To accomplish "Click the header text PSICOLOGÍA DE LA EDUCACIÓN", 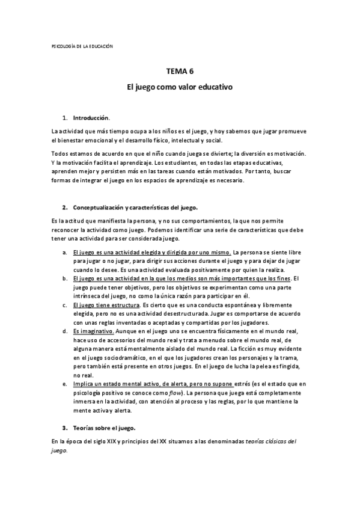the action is pyautogui.click(x=79, y=46).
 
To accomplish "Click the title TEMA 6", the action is pyautogui.click(x=180, y=72).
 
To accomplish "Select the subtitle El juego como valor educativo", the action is pyautogui.click(x=180, y=87).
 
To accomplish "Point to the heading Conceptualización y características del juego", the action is pyautogui.click(x=135, y=207).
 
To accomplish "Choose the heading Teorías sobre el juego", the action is pyautogui.click(x=104, y=428).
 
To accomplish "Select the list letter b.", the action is pyautogui.click(x=64, y=278).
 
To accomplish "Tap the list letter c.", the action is pyautogui.click(x=64, y=305).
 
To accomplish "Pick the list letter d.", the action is pyautogui.click(x=64, y=331).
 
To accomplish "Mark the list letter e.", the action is pyautogui.click(x=64, y=384).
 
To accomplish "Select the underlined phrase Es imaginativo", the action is pyautogui.click(x=93, y=331).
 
